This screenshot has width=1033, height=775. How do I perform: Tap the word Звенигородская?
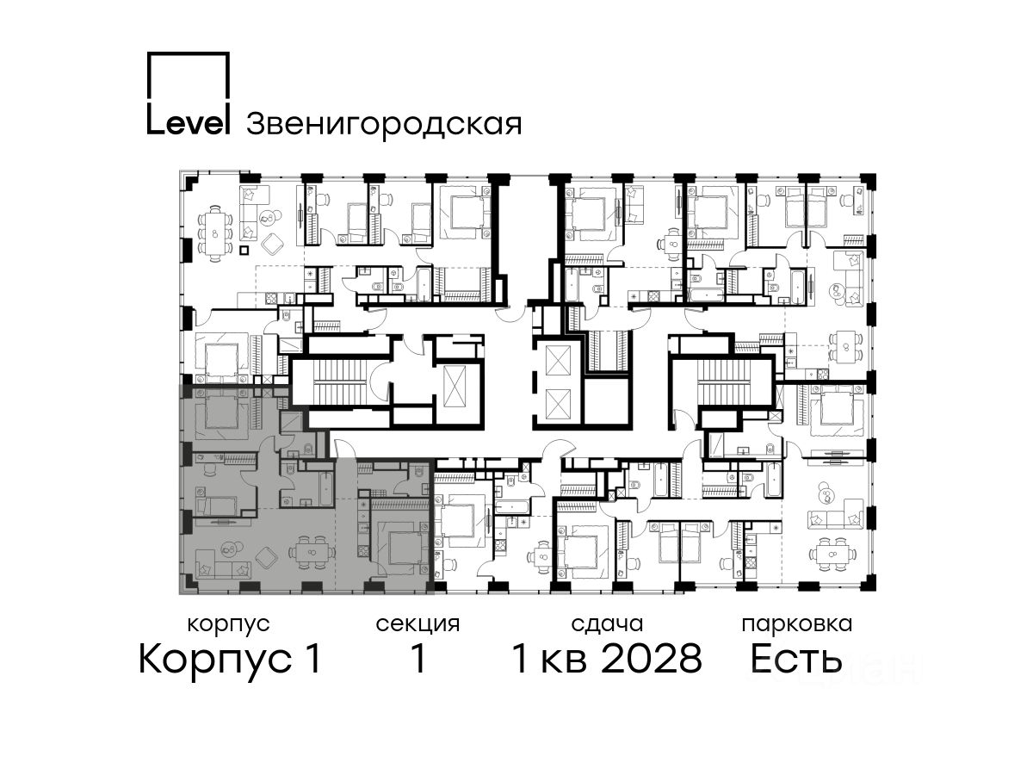pyautogui.click(x=384, y=125)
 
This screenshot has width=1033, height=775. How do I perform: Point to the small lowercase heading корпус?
pyautogui.click(x=229, y=625)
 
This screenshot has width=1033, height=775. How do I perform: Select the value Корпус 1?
pyautogui.click(x=230, y=659)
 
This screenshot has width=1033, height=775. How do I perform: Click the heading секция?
pyautogui.click(x=418, y=625)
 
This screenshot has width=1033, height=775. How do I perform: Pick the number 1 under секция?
pyautogui.click(x=418, y=659)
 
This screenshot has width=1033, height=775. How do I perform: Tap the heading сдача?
pyautogui.click(x=607, y=625)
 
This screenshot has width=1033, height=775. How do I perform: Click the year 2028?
pyautogui.click(x=653, y=659)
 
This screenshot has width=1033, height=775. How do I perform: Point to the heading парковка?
pyautogui.click(x=797, y=625)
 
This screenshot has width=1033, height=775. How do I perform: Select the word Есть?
pyautogui.click(x=796, y=659)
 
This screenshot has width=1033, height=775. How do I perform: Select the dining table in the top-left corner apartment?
pyautogui.click(x=215, y=234)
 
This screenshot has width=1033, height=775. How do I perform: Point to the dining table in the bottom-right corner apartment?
pyautogui.click(x=832, y=555)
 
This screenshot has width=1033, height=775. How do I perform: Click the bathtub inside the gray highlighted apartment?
pyautogui.click(x=327, y=488)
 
